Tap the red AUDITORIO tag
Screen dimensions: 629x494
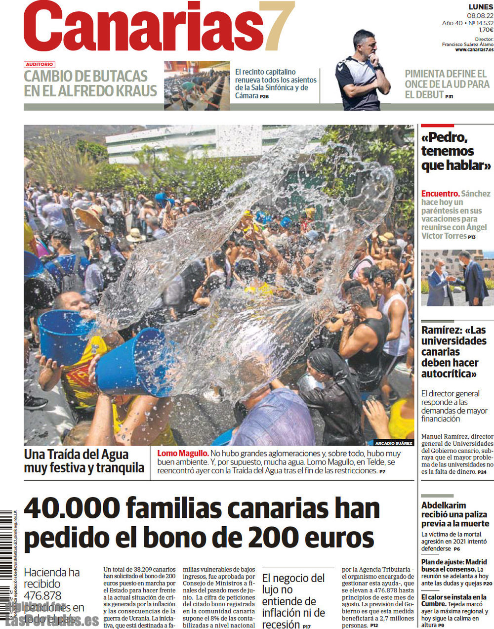pos(40,65)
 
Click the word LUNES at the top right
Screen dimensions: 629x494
pos(481,7)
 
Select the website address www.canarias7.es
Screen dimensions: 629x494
pos(474,49)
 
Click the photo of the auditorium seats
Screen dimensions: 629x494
pos(197,85)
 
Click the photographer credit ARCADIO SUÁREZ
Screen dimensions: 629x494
pos(394,443)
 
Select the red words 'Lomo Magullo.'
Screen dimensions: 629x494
pos(183,454)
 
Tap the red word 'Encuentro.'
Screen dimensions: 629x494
pos(440,194)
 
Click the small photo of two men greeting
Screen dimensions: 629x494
pos(457,278)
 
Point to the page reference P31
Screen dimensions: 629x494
pos(449,97)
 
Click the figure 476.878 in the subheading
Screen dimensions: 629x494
pos(42,595)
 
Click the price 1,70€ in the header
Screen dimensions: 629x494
pos(486,30)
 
